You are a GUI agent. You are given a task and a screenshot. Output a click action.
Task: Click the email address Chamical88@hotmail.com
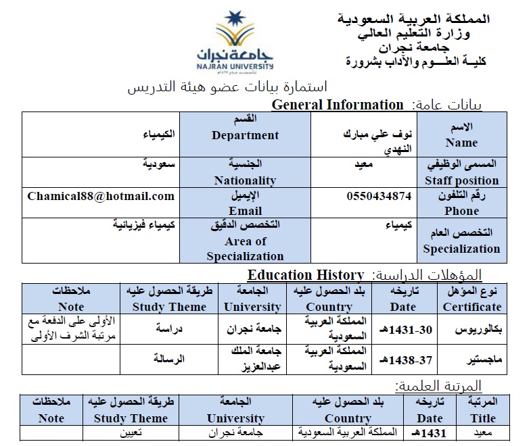click(101, 197)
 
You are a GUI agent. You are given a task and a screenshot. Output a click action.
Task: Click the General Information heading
click(337, 105)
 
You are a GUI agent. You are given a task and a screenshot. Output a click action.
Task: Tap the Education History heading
click(306, 275)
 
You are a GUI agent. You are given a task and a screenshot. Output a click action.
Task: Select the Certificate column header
click(472, 299)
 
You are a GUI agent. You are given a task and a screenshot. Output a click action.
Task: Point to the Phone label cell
click(461, 203)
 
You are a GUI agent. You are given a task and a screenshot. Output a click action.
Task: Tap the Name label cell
click(461, 134)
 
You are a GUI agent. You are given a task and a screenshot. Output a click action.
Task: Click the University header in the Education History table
click(252, 299)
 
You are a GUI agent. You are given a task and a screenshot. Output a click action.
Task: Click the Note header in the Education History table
click(71, 299)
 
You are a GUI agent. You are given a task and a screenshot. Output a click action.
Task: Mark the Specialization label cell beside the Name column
click(461, 241)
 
